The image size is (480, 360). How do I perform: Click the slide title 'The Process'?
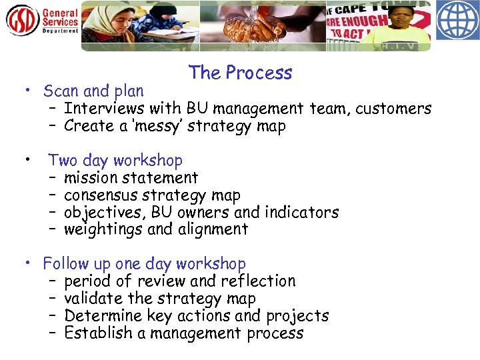pyautogui.click(x=240, y=73)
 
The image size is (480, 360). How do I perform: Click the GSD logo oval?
pyautogui.click(x=23, y=21)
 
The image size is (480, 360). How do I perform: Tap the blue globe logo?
pyautogui.click(x=457, y=21)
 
